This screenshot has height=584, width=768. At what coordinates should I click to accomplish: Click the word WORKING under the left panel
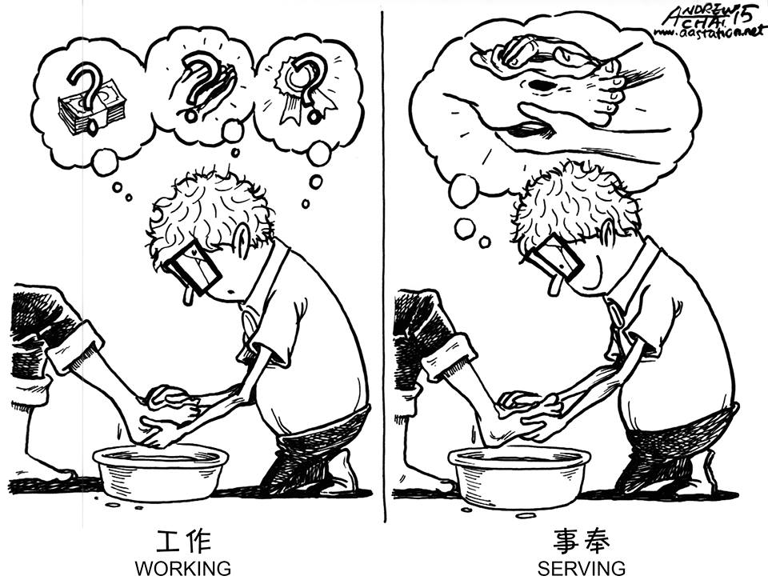tap(182, 569)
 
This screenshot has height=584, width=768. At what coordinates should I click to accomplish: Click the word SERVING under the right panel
tap(582, 569)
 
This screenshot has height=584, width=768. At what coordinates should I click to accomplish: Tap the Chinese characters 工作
tap(182, 542)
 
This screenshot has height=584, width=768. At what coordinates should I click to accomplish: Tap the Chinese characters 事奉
tap(582, 542)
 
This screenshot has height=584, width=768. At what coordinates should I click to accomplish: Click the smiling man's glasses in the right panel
tap(552, 260)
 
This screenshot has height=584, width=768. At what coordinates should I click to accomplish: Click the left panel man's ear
tap(241, 241)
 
